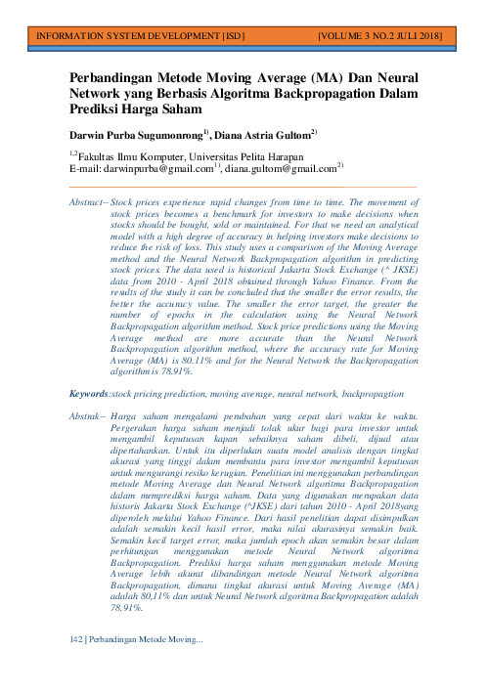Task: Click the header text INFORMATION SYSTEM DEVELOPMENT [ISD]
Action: [x=139, y=36]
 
